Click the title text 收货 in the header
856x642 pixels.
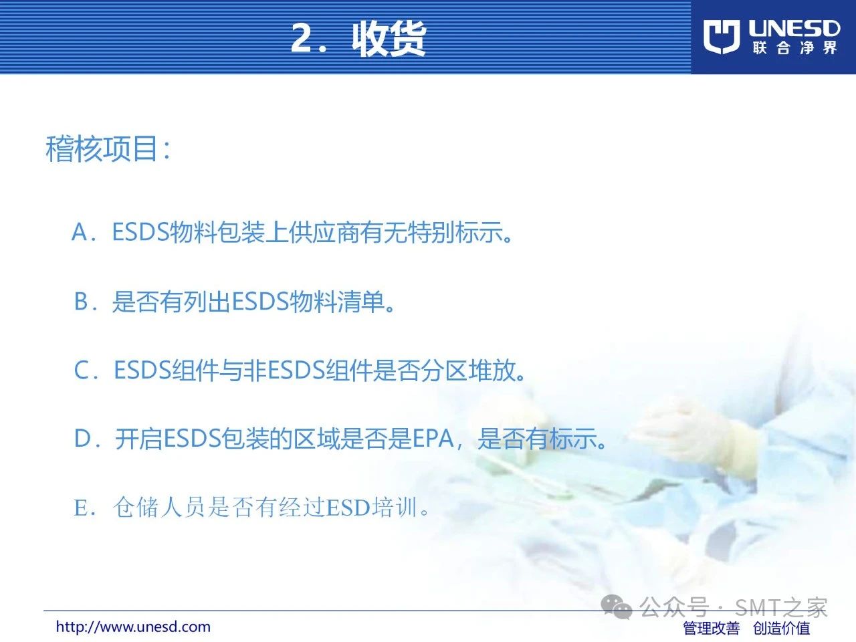[x=389, y=39]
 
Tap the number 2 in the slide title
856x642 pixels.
[x=302, y=38]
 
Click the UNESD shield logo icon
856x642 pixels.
[x=722, y=37]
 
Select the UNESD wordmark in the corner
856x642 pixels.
[x=794, y=29]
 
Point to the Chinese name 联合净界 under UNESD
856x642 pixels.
[x=794, y=48]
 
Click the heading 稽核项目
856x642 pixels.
[x=102, y=148]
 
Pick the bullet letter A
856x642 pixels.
[x=80, y=232]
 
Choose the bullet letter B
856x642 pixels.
[x=81, y=302]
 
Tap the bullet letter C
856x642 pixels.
[x=82, y=370]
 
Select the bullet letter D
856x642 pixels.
[x=82, y=438]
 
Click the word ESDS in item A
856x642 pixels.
[x=141, y=232]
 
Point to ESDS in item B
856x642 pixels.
[x=261, y=302]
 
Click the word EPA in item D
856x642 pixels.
[x=433, y=438]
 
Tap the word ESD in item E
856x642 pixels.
[x=348, y=508]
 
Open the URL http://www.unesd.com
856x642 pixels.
[x=133, y=627]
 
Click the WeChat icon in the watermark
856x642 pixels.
[x=617, y=607]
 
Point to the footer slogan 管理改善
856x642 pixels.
[x=712, y=628]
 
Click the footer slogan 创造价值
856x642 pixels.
[x=782, y=628]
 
